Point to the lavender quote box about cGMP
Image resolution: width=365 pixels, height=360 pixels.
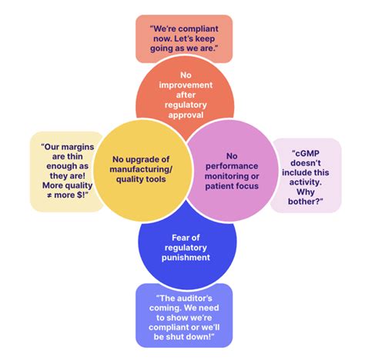(x=306, y=175)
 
